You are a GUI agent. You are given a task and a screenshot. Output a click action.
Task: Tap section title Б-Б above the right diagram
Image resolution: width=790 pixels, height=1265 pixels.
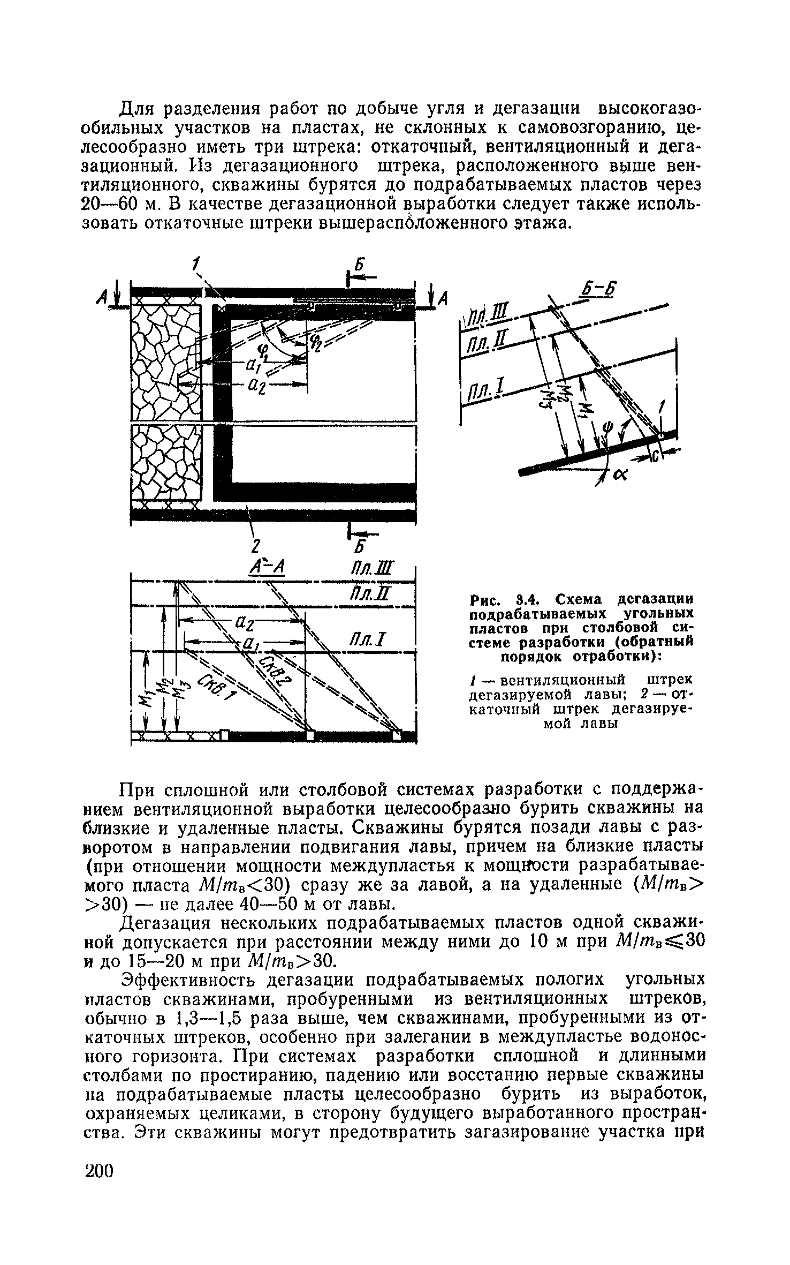[598, 290]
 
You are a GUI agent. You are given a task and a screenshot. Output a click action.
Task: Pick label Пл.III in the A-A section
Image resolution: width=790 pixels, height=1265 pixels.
[375, 568]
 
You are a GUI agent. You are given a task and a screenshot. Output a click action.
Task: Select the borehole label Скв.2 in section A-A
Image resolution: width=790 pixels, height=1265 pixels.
[275, 668]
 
